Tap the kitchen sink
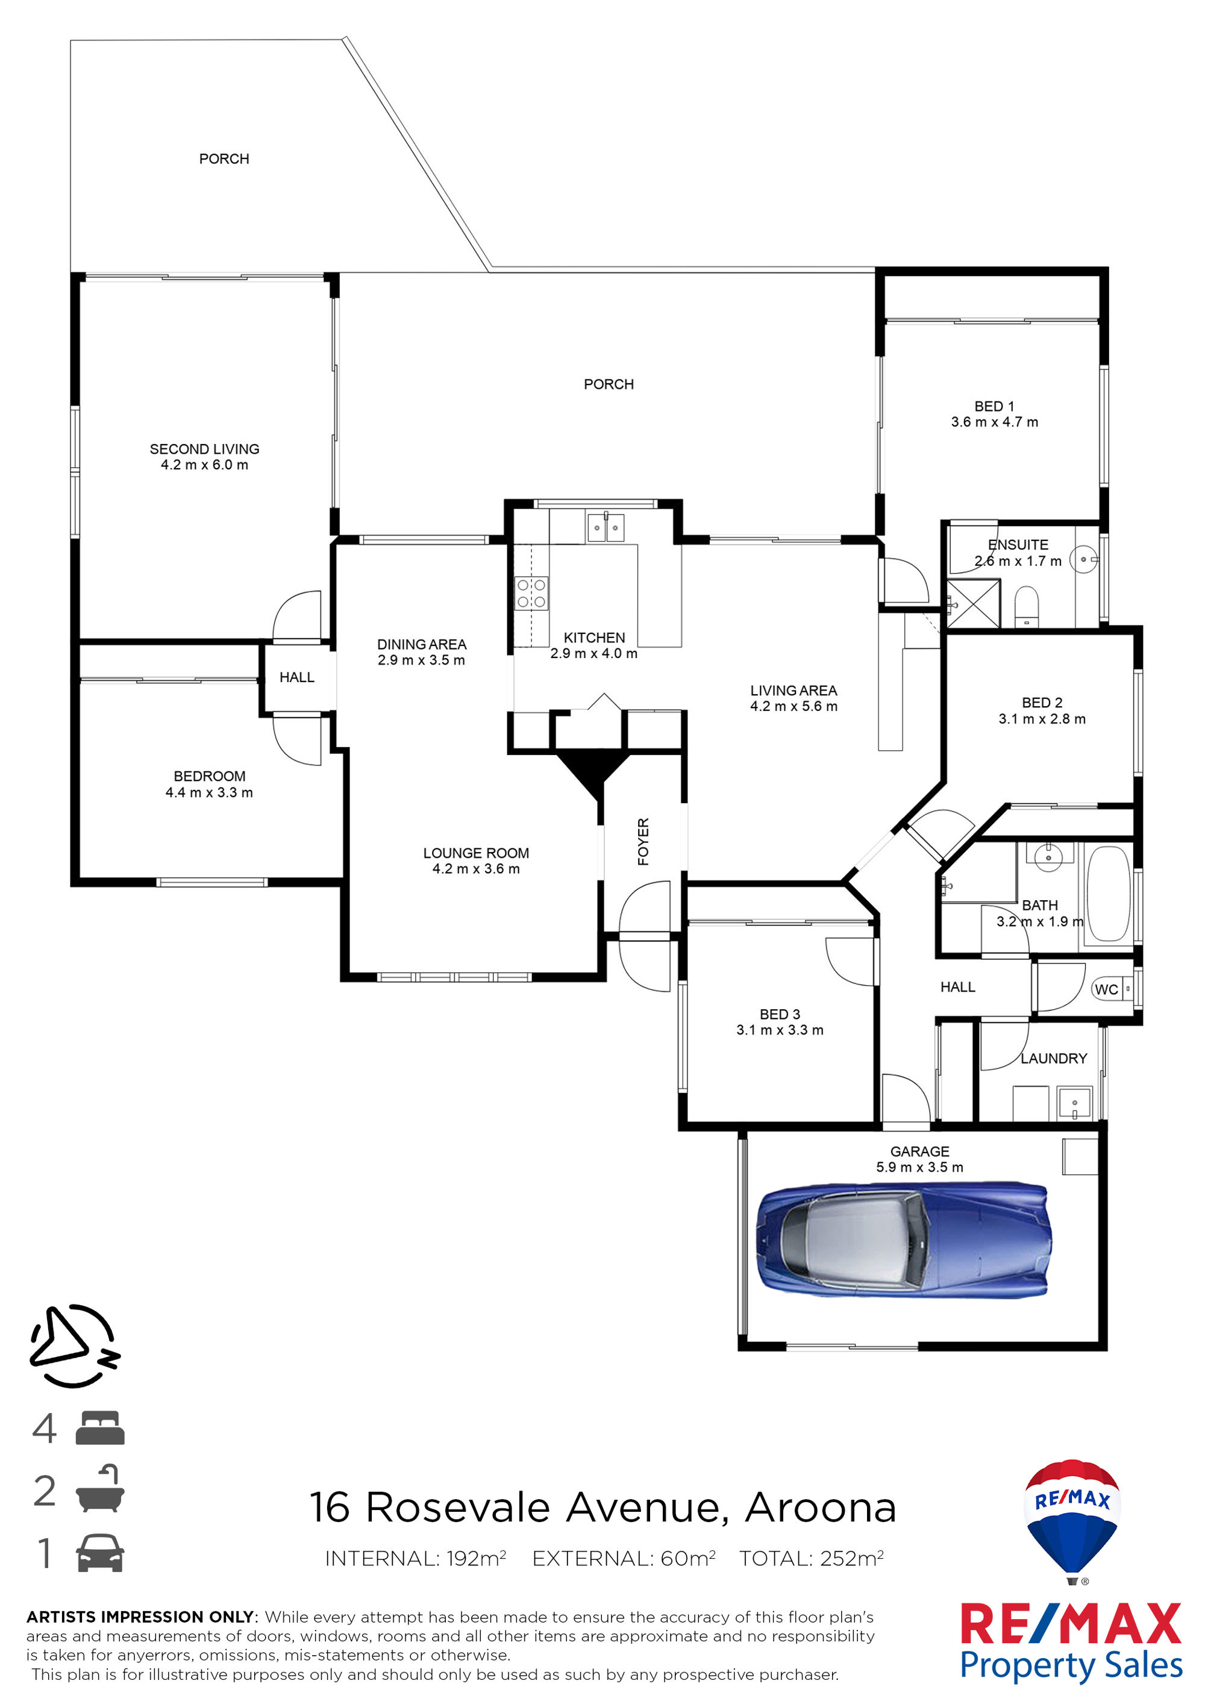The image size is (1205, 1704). [606, 528]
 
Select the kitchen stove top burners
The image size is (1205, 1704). [531, 593]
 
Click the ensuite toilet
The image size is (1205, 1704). [1027, 606]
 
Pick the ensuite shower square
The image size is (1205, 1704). [974, 604]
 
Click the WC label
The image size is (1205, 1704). [1106, 989]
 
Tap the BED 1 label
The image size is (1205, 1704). [994, 407]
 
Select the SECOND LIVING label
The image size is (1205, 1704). [205, 449]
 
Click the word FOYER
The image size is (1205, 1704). [643, 842]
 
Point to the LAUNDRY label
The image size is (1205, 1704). [1054, 1058]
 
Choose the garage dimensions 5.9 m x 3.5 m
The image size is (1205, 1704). [919, 1167]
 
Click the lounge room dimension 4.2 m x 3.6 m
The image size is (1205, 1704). [477, 869]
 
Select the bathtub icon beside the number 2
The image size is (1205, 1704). [100, 1489]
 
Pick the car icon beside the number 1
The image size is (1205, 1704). [100, 1553]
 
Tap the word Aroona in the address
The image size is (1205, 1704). [821, 1508]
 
